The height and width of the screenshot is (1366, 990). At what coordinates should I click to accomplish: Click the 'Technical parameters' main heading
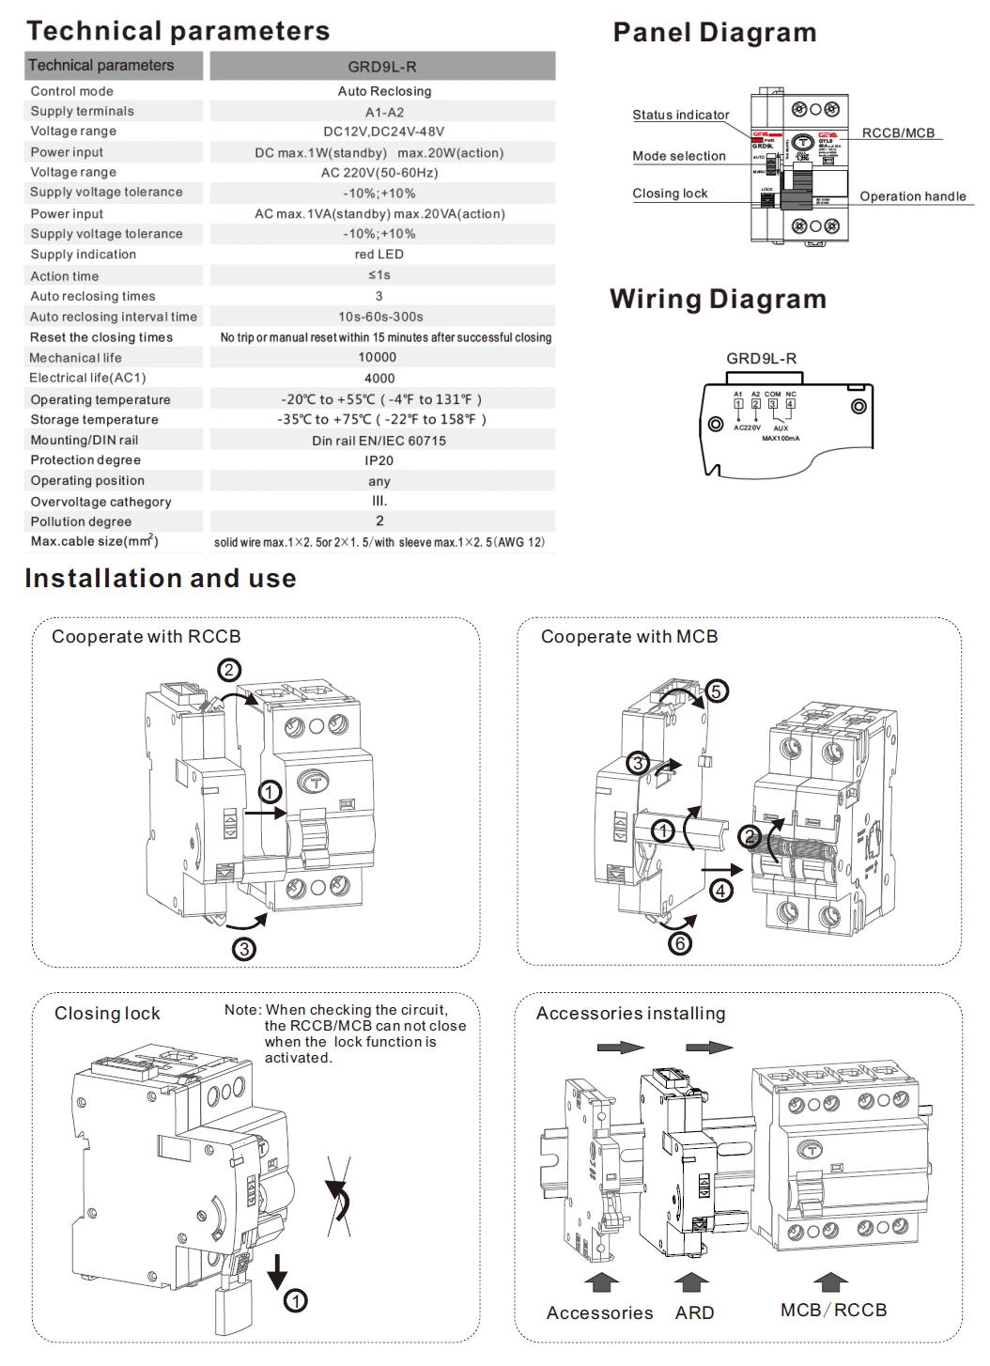click(x=178, y=31)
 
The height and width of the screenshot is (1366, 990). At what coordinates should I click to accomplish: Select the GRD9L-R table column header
click(x=382, y=67)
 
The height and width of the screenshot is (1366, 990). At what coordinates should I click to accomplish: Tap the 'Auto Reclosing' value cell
click(x=384, y=91)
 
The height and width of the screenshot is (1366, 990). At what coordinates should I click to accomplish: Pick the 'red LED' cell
click(x=379, y=255)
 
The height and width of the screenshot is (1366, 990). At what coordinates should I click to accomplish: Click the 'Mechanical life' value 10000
click(x=378, y=357)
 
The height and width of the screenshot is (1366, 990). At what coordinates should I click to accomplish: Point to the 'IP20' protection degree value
click(x=379, y=460)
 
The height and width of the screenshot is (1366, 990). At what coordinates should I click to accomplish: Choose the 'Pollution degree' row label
click(x=81, y=521)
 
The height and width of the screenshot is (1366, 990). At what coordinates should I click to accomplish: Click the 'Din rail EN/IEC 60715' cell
click(x=379, y=440)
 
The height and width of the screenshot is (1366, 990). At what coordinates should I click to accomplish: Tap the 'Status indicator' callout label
click(x=680, y=115)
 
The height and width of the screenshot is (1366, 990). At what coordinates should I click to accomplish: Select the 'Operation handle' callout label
click(x=912, y=196)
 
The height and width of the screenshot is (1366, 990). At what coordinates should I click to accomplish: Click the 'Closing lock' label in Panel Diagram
click(x=670, y=194)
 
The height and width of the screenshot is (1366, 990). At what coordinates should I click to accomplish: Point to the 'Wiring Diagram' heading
click(x=718, y=299)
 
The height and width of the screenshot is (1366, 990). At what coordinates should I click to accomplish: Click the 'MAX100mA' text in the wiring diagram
click(x=781, y=439)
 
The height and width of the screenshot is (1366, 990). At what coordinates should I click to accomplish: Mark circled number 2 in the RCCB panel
click(x=229, y=670)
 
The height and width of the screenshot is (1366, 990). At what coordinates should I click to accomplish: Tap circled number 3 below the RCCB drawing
click(x=244, y=949)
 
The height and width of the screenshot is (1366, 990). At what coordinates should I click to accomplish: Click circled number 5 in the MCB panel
click(x=716, y=691)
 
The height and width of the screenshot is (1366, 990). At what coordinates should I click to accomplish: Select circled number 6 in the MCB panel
click(x=679, y=943)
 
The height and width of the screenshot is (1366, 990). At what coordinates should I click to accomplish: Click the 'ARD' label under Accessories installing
click(x=694, y=1312)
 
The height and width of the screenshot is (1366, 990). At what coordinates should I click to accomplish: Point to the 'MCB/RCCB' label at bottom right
click(x=833, y=1310)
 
